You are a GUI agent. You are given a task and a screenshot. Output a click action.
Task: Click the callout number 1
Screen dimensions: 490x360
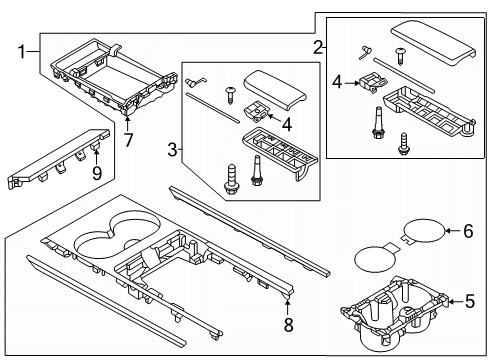tap(22, 52)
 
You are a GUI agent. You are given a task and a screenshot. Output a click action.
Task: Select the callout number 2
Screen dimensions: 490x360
tap(318, 47)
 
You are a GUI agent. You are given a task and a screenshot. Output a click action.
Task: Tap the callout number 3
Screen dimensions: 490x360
tap(172, 150)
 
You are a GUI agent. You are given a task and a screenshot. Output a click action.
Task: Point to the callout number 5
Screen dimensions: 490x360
tap(469, 301)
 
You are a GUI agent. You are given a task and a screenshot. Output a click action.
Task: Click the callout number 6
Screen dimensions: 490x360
tap(468, 231)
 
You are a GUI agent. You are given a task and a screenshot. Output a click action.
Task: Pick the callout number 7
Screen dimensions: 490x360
tap(128, 140)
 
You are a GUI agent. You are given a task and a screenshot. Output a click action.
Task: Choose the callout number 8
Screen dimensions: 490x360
tap(288, 324)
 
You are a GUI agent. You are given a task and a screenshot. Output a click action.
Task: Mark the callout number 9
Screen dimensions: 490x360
tap(97, 173)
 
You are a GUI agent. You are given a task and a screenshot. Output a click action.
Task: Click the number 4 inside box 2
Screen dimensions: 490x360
tap(337, 82)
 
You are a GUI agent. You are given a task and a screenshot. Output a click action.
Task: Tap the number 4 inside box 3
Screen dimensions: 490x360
tap(287, 124)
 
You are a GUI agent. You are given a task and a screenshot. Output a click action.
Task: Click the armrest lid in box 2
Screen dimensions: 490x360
tap(433, 42)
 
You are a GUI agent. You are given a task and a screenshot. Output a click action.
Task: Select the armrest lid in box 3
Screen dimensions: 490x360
tap(275, 88)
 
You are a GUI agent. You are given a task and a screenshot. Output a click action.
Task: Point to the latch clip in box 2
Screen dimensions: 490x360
tap(372, 82)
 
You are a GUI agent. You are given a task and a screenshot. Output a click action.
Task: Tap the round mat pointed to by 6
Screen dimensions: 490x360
tap(423, 231)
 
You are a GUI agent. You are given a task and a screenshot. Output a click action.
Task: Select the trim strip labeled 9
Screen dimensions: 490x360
tap(58, 159)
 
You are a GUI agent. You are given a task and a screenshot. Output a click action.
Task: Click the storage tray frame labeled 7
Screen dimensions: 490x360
tap(114, 78)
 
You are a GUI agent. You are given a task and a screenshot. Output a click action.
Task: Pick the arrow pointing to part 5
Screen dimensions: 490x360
tap(456, 302)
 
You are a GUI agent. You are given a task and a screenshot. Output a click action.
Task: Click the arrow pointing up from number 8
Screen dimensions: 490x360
tap(288, 308)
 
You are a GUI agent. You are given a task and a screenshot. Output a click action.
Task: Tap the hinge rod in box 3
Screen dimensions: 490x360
tap(213, 108)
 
